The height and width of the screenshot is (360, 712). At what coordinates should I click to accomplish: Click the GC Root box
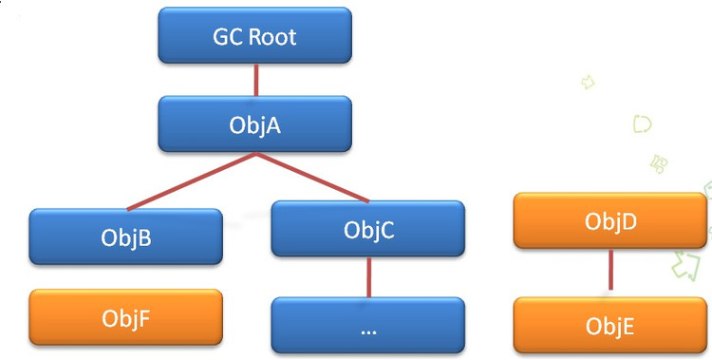pyautogui.click(x=254, y=37)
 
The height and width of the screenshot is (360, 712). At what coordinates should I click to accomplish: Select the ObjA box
pyautogui.click(x=254, y=124)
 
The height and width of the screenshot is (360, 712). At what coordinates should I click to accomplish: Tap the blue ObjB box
pyautogui.click(x=126, y=237)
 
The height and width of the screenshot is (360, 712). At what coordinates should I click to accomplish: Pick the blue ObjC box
pyautogui.click(x=367, y=229)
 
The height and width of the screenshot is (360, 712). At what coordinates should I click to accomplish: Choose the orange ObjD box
pyautogui.click(x=609, y=221)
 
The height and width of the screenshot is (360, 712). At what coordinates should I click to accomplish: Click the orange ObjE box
pyautogui.click(x=609, y=325)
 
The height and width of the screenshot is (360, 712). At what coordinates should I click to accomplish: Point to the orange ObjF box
pyautogui.click(x=126, y=317)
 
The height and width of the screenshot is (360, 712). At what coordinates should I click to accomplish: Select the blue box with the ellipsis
pyautogui.click(x=367, y=326)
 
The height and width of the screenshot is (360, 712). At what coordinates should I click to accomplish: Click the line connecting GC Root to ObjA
pyautogui.click(x=254, y=81)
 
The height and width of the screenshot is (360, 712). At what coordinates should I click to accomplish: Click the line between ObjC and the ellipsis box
pyautogui.click(x=368, y=277)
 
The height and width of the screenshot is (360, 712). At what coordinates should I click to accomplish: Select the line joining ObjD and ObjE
pyautogui.click(x=610, y=273)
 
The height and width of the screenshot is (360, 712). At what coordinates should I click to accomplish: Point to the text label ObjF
pyautogui.click(x=126, y=317)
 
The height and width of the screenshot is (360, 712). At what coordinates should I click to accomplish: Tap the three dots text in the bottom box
pyautogui.click(x=368, y=329)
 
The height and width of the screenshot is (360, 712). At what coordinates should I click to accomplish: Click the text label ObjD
pyautogui.click(x=609, y=221)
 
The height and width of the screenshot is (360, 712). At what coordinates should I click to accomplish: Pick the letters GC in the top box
pyautogui.click(x=226, y=38)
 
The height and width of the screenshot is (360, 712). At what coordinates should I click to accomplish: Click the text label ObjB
pyautogui.click(x=126, y=237)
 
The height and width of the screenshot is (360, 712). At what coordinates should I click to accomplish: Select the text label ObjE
pyautogui.click(x=609, y=325)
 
